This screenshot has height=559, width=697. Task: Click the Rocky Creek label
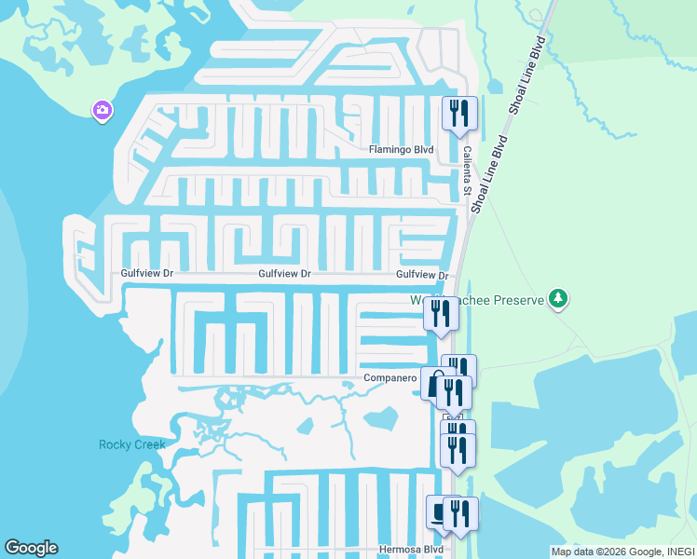click(132, 444)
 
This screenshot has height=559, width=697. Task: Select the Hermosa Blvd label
click(411, 550)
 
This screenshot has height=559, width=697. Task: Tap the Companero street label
click(389, 378)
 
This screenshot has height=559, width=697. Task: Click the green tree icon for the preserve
click(558, 299)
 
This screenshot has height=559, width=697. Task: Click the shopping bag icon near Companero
click(432, 382)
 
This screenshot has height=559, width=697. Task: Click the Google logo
click(31, 548)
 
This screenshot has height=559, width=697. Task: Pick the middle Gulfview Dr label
click(284, 274)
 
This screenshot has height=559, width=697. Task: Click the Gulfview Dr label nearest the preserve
click(422, 275)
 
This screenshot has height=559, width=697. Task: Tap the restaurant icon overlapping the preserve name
click(441, 314)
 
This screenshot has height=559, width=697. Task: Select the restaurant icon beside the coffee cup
click(461, 513)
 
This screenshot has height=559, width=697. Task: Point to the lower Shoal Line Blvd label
click(488, 175)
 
